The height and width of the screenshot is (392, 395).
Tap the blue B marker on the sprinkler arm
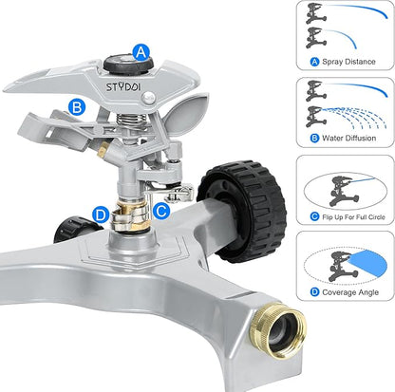[x=76, y=107]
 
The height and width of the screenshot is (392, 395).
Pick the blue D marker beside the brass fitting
[x=100, y=213]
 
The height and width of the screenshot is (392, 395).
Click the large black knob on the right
[x=241, y=210]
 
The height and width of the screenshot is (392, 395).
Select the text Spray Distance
[x=348, y=62]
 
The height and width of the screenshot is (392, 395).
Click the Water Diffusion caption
[x=348, y=139]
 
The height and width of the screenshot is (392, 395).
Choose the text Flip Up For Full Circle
[x=348, y=216]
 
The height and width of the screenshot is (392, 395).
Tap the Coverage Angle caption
[x=348, y=293]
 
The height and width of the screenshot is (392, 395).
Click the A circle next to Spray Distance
[x=314, y=62]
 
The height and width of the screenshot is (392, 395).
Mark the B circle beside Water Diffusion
[x=313, y=139]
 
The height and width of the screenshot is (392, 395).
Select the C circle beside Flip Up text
[x=313, y=216]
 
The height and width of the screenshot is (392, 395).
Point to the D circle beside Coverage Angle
[x=314, y=293]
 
